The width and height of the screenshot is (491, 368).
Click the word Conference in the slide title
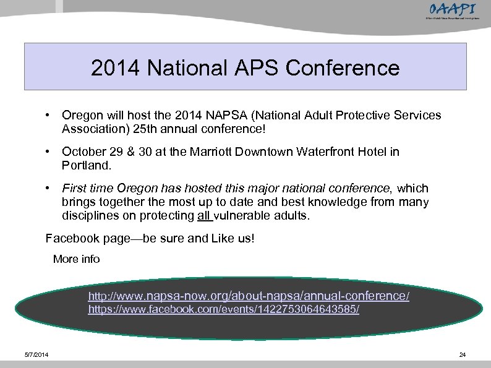[x=347, y=67]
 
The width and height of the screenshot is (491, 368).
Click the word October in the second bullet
[x=83, y=152]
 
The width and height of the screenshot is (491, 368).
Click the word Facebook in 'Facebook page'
[x=71, y=239]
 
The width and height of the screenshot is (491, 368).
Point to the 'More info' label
[x=76, y=259]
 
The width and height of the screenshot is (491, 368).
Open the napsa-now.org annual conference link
[x=249, y=296]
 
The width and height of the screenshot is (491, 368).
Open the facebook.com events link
[x=223, y=309]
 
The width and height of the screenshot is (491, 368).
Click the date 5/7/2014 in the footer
[x=38, y=354]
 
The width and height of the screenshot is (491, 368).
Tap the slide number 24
[x=462, y=354]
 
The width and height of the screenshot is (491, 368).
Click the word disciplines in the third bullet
[x=90, y=215]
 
